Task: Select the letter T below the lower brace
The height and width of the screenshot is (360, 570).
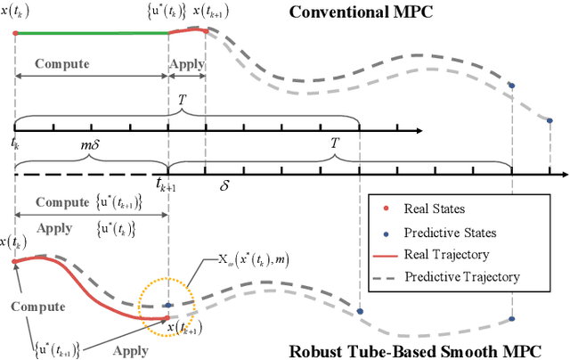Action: point(335,155)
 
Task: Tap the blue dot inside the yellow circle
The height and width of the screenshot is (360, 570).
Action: point(168,305)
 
